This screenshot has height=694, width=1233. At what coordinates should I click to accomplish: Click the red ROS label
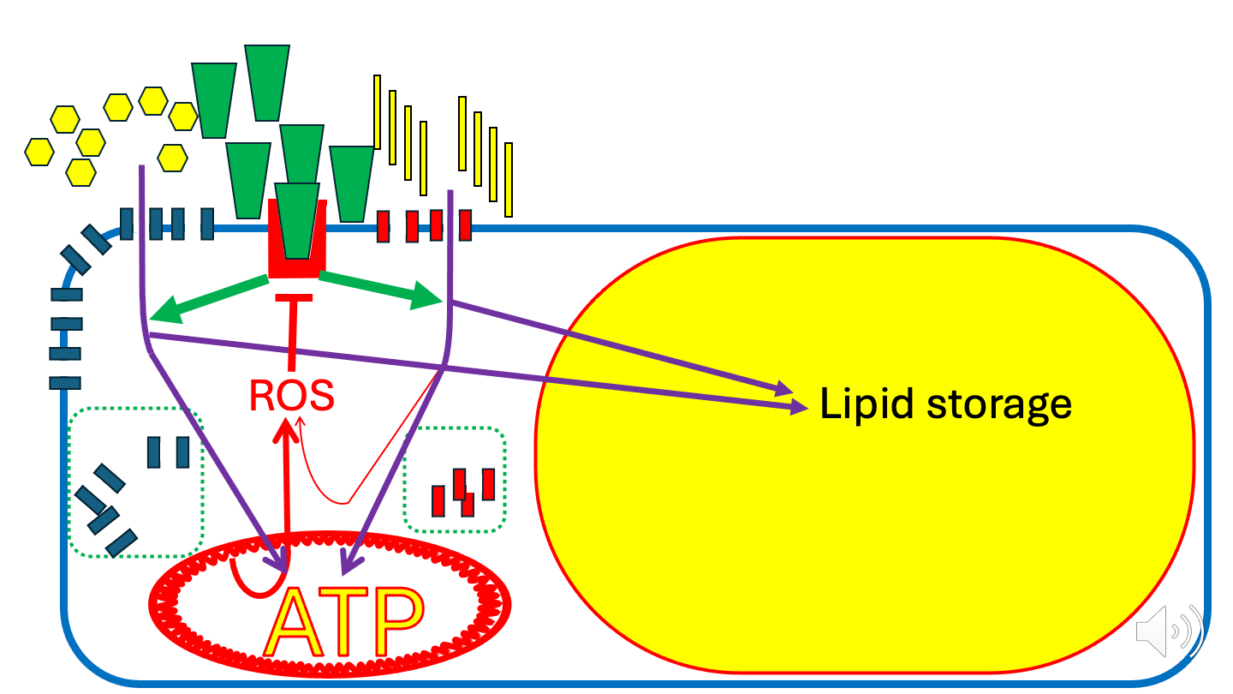coord(291,395)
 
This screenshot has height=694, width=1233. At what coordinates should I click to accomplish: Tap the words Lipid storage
coord(946,404)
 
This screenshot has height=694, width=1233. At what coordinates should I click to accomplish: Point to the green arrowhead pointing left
coord(163,310)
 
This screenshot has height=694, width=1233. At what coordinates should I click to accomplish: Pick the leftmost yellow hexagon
coord(39,151)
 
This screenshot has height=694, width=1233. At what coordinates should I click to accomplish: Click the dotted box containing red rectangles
coord(454,480)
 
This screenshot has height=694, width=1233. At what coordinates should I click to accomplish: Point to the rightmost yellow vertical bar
coord(509,179)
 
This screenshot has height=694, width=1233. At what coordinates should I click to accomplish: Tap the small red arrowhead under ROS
coord(300,422)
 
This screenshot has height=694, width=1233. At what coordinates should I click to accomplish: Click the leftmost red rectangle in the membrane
coord(384,226)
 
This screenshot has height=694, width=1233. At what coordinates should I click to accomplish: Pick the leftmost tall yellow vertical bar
coord(377,111)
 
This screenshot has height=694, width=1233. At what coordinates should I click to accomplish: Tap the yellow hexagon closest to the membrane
coord(173,157)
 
